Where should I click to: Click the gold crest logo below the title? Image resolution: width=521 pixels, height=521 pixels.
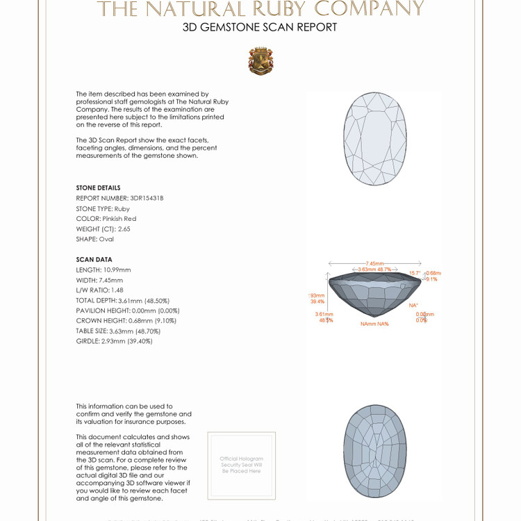260,61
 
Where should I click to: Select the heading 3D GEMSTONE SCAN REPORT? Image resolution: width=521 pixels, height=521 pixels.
260,28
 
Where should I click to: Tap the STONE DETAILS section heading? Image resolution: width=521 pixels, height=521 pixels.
98,188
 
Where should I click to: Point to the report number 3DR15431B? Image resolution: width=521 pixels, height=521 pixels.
147,198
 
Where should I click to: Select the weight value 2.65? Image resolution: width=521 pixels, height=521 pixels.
124,229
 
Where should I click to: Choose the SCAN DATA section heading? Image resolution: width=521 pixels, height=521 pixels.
94,260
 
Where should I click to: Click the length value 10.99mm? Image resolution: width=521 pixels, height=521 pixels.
117,270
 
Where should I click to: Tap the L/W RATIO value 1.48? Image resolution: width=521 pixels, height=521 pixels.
117,290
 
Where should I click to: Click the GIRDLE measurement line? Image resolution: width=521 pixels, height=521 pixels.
114,341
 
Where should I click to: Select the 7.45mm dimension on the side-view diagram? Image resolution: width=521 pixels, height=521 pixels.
374,263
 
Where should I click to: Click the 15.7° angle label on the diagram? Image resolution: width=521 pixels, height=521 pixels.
415,273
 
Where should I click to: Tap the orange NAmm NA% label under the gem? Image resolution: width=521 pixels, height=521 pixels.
374,324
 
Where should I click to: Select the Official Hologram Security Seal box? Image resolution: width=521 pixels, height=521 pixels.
242,465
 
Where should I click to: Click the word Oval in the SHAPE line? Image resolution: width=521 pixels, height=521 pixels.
106,239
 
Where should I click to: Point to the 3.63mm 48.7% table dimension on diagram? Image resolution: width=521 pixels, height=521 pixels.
374,270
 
